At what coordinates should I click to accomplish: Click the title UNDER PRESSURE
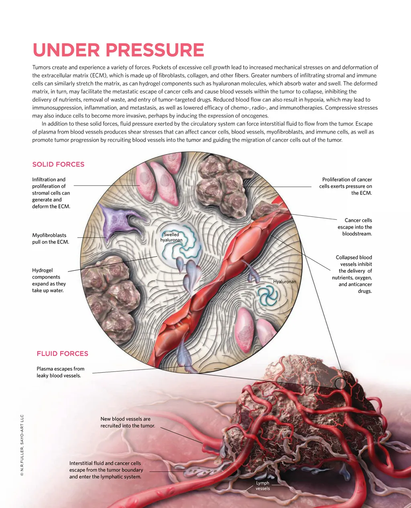pyautogui.click(x=118, y=50)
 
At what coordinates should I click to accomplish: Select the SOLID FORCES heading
pyautogui.click(x=58, y=164)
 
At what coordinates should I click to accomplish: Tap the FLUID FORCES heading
pyautogui.click(x=62, y=353)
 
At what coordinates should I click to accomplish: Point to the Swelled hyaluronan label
pyautogui.click(x=171, y=237)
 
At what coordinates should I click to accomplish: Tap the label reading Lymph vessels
pyautogui.click(x=262, y=486)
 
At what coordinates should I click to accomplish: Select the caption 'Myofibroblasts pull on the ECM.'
pyautogui.click(x=51, y=239)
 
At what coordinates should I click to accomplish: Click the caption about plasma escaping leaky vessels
pyautogui.click(x=60, y=372)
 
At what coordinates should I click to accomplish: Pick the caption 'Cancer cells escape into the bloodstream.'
pyautogui.click(x=357, y=227)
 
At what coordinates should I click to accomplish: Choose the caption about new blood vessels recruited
pyautogui.click(x=128, y=422)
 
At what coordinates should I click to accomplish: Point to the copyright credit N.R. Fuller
pyautogui.click(x=22, y=446)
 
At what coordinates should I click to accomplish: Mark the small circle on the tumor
pyautogui.click(x=340, y=384)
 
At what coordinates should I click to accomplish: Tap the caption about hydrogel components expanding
pyautogui.click(x=49, y=280)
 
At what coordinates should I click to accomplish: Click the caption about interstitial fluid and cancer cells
pyautogui.click(x=106, y=470)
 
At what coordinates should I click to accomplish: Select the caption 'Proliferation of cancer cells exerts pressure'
pyautogui.click(x=346, y=186)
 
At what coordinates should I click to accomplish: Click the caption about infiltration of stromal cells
pyautogui.click(x=51, y=193)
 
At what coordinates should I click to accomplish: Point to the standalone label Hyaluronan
pyautogui.click(x=285, y=282)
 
